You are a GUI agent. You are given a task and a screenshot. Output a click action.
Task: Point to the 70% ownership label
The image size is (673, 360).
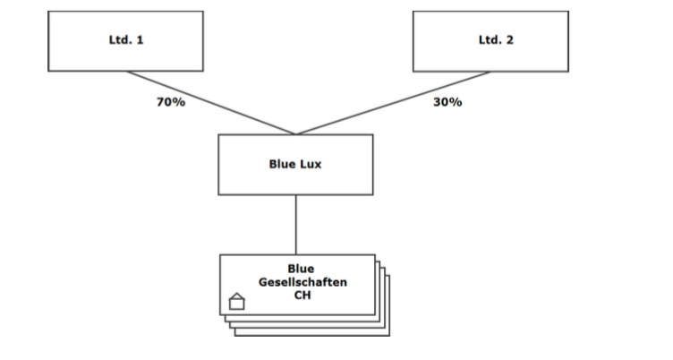point(170,102)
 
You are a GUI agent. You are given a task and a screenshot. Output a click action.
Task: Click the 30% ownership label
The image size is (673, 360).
point(447,102)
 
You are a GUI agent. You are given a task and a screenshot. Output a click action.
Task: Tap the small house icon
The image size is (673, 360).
point(237,301)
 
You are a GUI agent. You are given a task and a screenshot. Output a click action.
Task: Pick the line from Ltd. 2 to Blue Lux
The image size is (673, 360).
point(394,103)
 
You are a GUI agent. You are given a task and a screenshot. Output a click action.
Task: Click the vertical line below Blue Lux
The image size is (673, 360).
point(296,224)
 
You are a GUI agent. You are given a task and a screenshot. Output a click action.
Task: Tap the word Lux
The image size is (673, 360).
point(313,165)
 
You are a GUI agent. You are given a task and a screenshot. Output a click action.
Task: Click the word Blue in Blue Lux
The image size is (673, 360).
point(283,165)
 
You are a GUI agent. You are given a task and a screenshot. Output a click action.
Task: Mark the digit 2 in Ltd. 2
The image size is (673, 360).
point(510,40)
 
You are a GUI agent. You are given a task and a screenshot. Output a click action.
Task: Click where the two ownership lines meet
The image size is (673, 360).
point(296,134)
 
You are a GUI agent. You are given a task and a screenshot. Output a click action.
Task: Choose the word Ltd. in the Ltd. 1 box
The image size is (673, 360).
point(120,40)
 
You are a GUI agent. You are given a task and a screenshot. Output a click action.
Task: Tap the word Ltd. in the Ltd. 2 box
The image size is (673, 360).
point(490,40)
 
